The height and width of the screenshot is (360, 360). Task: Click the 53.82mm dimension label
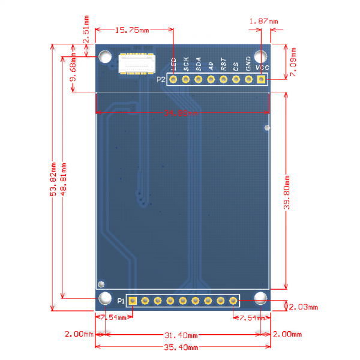[x=53, y=179]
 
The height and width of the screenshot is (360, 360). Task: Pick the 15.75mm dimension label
[x=131, y=30]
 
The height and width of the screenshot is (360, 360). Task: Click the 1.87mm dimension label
[x=263, y=22]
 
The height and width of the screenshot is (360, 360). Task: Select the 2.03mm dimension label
[x=303, y=307]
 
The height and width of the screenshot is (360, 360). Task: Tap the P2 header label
[x=161, y=79]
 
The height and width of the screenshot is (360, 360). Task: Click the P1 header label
[x=121, y=301]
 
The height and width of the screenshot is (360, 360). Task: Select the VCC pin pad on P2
[x=261, y=79]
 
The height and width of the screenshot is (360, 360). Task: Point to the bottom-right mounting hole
[x=261, y=298]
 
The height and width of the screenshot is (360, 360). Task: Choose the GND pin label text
[x=249, y=65]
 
